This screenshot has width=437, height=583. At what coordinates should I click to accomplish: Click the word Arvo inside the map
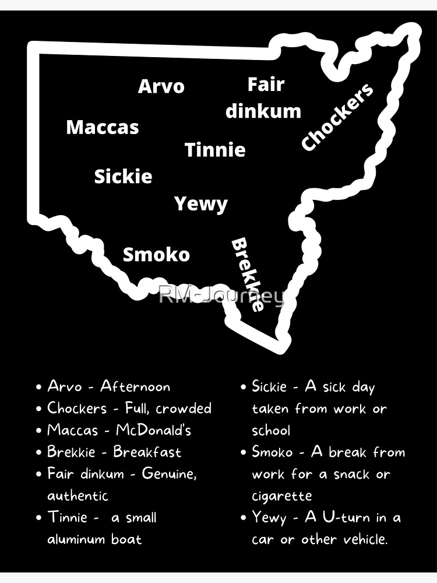pyautogui.click(x=161, y=86)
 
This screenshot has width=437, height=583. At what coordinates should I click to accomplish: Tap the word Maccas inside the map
pyautogui.click(x=103, y=127)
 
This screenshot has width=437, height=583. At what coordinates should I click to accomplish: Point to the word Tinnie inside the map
pyautogui.click(x=215, y=150)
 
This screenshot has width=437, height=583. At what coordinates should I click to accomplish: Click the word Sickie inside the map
pyautogui.click(x=123, y=177)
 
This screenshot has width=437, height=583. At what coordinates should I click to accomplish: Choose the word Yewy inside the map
pyautogui.click(x=201, y=204)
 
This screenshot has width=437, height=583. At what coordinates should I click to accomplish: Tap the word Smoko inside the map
pyautogui.click(x=156, y=255)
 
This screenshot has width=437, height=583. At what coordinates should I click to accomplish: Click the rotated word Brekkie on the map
pyautogui.click(x=248, y=274)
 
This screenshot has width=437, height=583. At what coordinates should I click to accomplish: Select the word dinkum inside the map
pyautogui.click(x=263, y=111)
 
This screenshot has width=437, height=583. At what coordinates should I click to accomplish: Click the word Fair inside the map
pyautogui.click(x=266, y=85)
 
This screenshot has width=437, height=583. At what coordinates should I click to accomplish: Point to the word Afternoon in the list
pyautogui.click(x=135, y=387)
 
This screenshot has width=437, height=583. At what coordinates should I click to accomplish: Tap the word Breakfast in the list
pyautogui.click(x=147, y=452)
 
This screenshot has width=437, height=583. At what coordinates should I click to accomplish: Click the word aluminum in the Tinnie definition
pyautogui.click(x=77, y=539)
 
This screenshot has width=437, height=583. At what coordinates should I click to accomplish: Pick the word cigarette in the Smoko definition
pyautogui.click(x=282, y=496)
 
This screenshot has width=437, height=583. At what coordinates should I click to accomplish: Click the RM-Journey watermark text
pyautogui.click(x=221, y=296)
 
